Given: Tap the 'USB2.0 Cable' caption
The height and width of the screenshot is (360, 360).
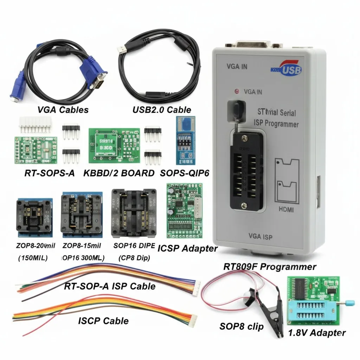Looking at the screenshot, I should (162, 109).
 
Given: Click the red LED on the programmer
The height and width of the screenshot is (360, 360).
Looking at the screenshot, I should (236, 92).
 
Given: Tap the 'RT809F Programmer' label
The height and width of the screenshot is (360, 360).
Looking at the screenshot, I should (270, 266).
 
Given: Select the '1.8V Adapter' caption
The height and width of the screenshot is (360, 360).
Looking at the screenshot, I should (317, 333).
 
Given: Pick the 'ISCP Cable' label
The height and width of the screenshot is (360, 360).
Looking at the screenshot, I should (103, 320).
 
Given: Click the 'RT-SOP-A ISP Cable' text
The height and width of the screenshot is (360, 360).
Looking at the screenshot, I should (109, 286).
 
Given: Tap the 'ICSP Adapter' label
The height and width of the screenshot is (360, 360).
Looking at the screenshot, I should (187, 248).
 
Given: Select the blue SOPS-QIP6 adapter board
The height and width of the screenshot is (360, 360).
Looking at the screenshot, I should (185, 140).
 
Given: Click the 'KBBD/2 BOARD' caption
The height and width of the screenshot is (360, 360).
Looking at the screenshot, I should (119, 173).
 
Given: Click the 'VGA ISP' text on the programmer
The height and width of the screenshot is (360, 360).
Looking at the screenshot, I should (260, 236).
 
